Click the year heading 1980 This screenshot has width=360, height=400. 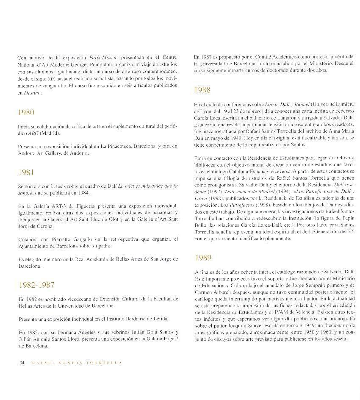[26, 112]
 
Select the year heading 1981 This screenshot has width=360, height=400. [26, 172]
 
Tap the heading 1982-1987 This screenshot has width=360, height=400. [36, 285]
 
